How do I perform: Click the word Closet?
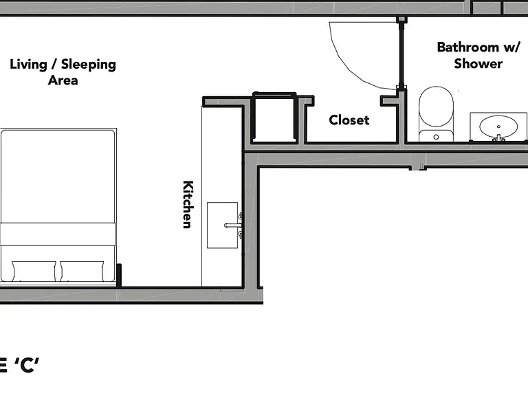point(349,120)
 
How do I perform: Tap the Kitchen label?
point(188,205)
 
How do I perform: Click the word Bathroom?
point(467,47)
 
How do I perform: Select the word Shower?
point(478,63)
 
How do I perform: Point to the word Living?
point(28,65)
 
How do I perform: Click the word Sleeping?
point(89,65)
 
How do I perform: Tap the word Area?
point(63,80)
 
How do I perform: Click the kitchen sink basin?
point(222,225)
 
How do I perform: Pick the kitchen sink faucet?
point(233,225)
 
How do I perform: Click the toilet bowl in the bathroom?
point(436,107)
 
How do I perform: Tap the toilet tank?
point(436,135)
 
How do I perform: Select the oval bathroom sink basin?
point(498,126)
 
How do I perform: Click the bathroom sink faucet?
point(498,137)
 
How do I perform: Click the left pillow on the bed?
point(34,271)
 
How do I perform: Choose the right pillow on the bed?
point(82,271)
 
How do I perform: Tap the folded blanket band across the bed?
point(58,234)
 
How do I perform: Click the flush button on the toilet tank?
point(436,137)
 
